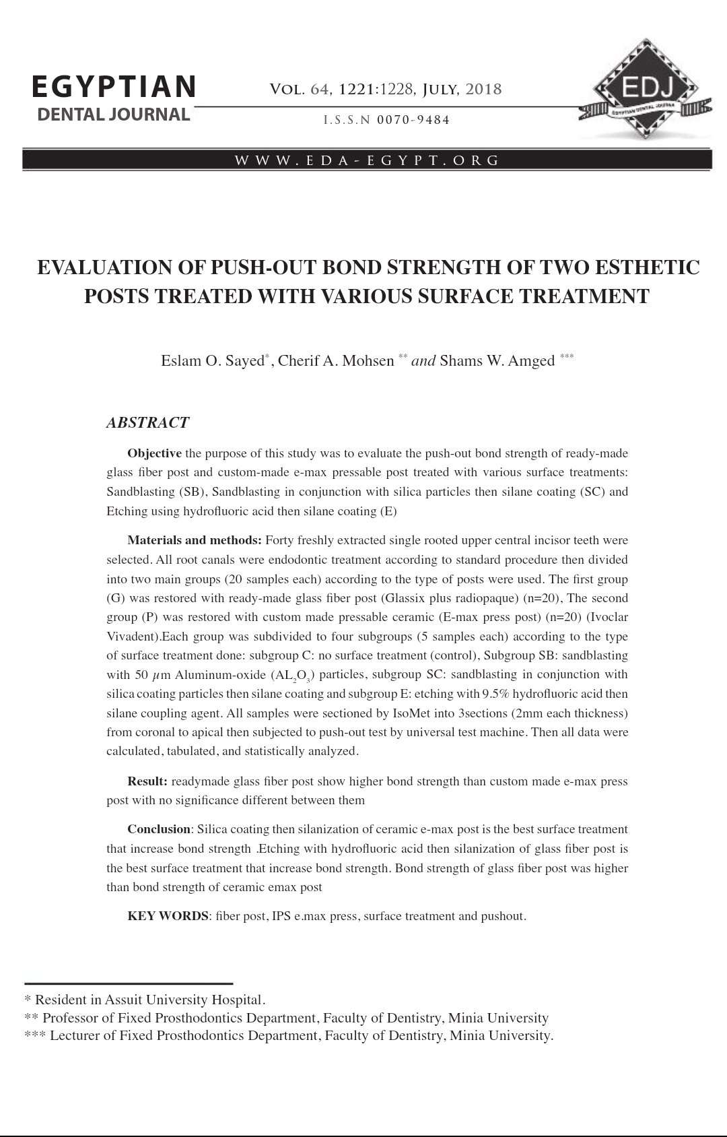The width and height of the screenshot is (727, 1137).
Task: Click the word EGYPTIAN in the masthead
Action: [x=114, y=86]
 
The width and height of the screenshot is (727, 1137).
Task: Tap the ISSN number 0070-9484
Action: [x=413, y=120]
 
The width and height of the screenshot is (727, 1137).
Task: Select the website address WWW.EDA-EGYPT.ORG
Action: [x=367, y=160]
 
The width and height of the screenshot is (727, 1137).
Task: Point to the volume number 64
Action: [x=319, y=89]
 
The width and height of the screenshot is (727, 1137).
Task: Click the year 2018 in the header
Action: [x=483, y=89]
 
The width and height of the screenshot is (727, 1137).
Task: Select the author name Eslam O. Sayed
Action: [x=213, y=361]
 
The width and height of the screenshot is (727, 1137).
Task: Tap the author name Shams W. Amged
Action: [x=497, y=361]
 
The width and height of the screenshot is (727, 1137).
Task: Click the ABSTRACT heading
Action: [x=147, y=422]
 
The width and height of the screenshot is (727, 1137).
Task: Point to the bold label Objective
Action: [x=154, y=453]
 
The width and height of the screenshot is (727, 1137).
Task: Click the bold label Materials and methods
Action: [x=195, y=540]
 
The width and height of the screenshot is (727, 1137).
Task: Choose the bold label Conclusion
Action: [x=159, y=829]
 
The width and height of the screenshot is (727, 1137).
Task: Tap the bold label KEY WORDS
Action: [x=168, y=916]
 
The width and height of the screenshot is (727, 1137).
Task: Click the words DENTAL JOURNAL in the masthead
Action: [x=114, y=115]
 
